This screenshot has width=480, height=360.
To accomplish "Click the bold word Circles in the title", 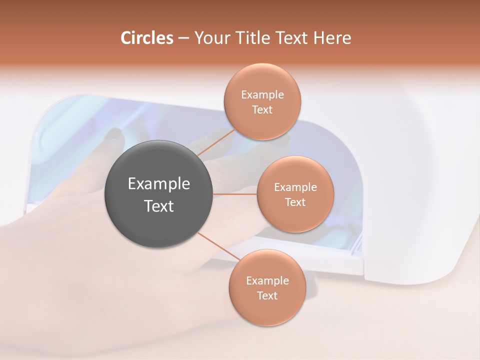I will point(147,38).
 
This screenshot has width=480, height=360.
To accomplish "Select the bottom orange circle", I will point(267,310).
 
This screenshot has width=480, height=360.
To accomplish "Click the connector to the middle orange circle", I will point(235,194).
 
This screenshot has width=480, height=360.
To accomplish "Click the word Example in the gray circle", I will point(158,184).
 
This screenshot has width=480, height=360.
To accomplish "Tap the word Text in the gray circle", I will point(158,206).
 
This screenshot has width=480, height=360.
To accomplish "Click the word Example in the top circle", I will point(262,95).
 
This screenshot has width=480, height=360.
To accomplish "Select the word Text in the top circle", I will point(262,110).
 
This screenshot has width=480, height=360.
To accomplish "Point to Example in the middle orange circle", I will point(295,187).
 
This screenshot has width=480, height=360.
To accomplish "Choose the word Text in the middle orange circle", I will point(295,202).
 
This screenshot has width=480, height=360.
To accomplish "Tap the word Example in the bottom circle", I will point(267,281).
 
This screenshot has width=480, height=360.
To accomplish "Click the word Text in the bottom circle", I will point(267,295).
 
